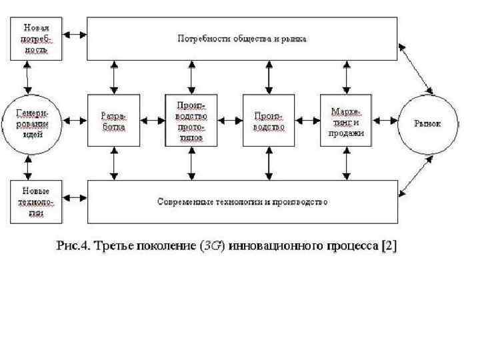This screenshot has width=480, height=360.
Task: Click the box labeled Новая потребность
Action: point(37,38)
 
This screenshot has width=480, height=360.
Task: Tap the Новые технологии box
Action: point(37,201)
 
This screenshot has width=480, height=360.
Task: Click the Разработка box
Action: point(114,120)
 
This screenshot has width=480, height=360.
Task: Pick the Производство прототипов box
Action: point(192,120)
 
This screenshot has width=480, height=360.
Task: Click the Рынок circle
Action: point(428,124)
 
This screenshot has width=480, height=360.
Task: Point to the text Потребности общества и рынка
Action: point(241,39)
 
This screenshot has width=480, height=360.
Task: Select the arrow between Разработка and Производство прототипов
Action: point(153,121)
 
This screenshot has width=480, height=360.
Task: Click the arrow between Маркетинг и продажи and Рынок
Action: point(385,121)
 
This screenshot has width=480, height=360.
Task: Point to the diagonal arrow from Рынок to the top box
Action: point(415,69)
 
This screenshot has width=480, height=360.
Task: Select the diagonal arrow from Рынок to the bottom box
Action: point(415,175)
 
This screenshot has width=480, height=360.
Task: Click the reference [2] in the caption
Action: point(388,246)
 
